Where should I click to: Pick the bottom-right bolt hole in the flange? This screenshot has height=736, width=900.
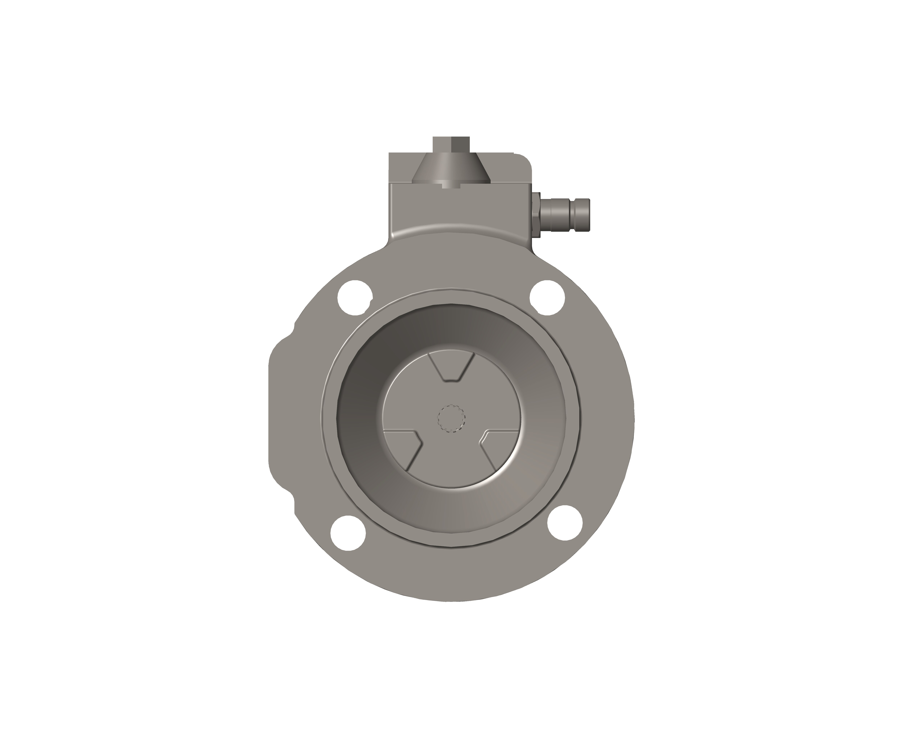[x=565, y=523]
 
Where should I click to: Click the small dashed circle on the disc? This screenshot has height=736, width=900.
[x=451, y=418]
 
